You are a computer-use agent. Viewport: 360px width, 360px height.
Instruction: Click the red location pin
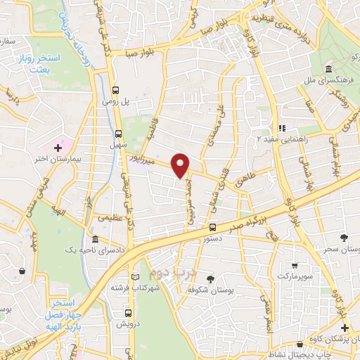tap(181, 166)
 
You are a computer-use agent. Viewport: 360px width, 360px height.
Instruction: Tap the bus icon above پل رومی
tap(117, 89)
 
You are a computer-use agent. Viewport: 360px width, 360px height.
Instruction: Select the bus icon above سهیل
tap(117, 132)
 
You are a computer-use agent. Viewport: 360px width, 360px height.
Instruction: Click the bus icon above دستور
tap(212, 227)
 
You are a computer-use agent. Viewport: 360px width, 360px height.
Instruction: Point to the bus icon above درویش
tap(129, 313)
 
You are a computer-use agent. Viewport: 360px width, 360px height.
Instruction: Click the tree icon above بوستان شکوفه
tap(209, 279)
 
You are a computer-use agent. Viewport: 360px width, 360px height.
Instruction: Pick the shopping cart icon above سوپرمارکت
tap(294, 266)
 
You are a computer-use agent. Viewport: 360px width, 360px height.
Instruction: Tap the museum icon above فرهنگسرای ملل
tap(329, 69)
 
